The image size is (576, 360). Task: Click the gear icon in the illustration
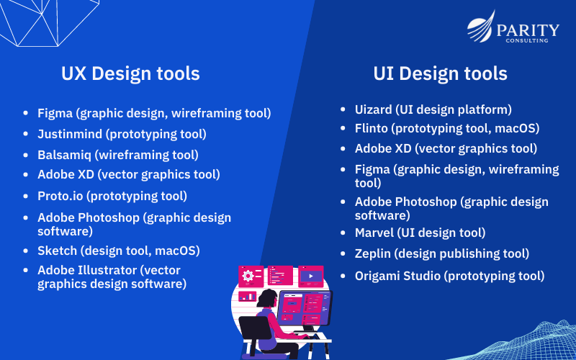248,276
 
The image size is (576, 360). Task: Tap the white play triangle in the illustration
311,276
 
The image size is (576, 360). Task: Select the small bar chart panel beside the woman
247,296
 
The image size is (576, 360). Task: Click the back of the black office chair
255,328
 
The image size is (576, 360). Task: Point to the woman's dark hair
267,298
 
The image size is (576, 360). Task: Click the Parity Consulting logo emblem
481,27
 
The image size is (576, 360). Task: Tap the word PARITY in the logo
528,30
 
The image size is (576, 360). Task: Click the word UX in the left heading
74,73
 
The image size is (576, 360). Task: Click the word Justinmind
70,134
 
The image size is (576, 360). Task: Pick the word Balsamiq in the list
64,155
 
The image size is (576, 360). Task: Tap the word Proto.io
60,196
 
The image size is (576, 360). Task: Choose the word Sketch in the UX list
57,251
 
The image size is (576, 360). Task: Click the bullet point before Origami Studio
343,276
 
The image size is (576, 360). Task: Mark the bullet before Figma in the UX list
26,113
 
